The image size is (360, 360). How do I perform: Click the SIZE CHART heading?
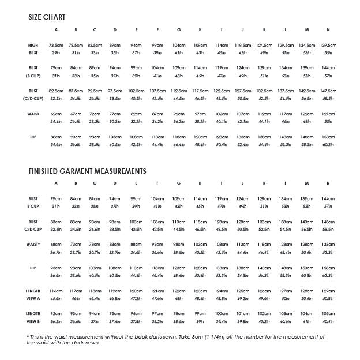[x=47, y=17]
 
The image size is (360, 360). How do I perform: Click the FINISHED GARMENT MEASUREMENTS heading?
[x=87, y=171]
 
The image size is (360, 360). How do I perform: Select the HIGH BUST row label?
[x=33, y=48]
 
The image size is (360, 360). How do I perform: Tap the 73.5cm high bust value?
[x=56, y=45]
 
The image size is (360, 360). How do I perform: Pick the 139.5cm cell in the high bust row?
[x=328, y=45]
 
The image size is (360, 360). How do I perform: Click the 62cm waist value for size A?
[x=56, y=114]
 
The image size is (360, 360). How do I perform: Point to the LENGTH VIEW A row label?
[x=33, y=294]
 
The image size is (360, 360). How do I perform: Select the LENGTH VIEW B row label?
[x=33, y=317]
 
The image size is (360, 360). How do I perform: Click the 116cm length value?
[x=56, y=291]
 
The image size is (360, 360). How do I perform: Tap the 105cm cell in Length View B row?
[x=328, y=313]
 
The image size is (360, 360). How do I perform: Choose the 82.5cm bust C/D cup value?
[x=56, y=91]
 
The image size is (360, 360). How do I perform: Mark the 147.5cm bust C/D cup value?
[x=328, y=91]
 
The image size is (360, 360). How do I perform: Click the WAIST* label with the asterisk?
[x=33, y=245]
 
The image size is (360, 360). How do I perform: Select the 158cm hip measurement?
[x=328, y=268]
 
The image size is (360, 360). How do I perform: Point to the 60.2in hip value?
[x=328, y=144]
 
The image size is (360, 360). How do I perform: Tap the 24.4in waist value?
[x=56, y=121]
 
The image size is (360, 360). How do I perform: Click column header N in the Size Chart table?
[x=328, y=29]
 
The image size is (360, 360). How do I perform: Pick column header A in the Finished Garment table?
[x=56, y=183]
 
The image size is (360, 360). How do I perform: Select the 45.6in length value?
[x=56, y=298]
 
